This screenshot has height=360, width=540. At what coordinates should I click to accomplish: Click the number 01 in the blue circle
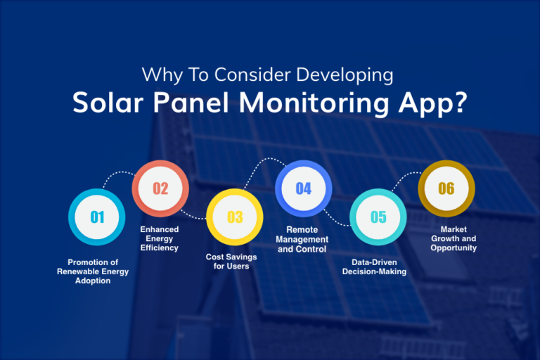click(96, 217)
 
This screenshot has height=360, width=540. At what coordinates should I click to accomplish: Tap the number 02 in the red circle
click(161, 188)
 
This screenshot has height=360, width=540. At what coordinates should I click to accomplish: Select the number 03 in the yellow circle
click(234, 217)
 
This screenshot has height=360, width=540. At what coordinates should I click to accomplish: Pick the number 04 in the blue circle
click(303, 188)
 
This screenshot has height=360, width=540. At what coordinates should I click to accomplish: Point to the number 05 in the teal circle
click(378, 217)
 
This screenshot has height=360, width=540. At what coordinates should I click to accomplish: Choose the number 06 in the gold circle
click(446, 188)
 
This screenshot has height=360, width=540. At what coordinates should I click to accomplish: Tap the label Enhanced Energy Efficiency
click(159, 238)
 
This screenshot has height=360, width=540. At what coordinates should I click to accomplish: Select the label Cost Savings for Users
click(231, 262)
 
